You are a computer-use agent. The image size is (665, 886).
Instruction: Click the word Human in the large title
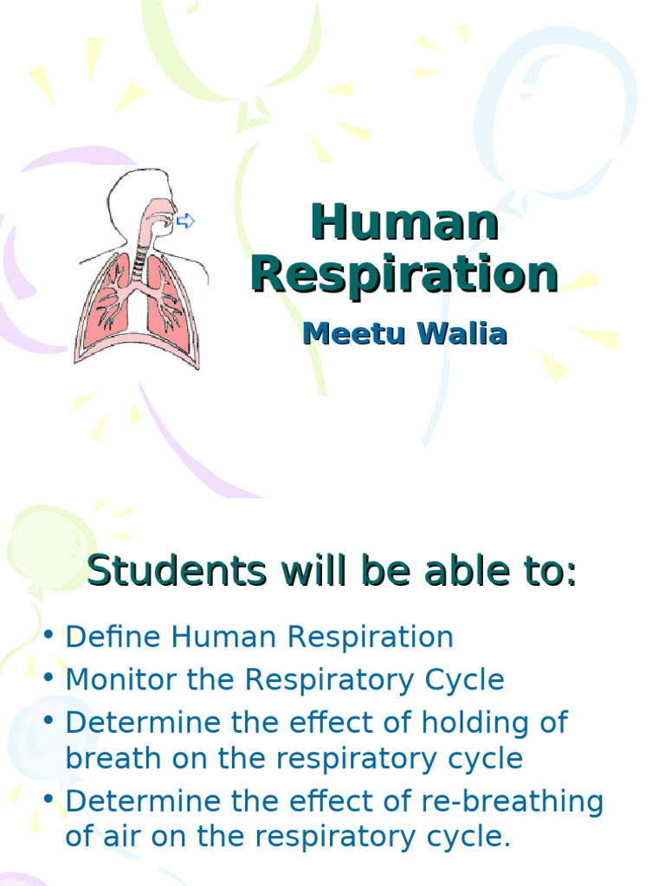click(404, 223)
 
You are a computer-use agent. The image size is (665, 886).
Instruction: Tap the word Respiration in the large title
click(404, 274)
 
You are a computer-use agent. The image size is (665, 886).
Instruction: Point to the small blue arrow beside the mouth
click(185, 221)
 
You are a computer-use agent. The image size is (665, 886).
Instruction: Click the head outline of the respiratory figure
click(130, 195)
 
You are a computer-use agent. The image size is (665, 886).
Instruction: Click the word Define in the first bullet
click(114, 637)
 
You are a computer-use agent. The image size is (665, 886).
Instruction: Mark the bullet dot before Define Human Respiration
click(50, 637)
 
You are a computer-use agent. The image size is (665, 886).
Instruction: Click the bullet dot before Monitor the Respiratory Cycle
click(50, 679)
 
